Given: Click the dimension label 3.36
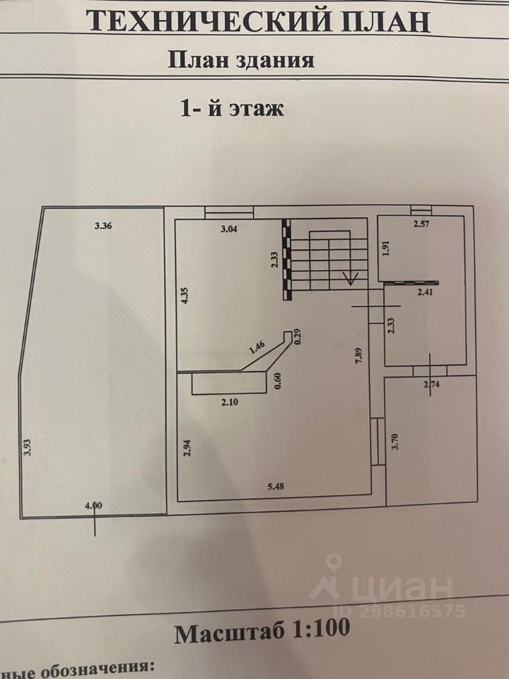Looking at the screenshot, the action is [x=104, y=227].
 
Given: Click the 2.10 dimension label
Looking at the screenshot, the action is [x=230, y=401].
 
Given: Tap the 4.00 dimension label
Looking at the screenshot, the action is [x=93, y=505].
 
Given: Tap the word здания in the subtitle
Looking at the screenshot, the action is [x=279, y=59].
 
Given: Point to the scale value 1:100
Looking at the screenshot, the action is [x=318, y=629].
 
